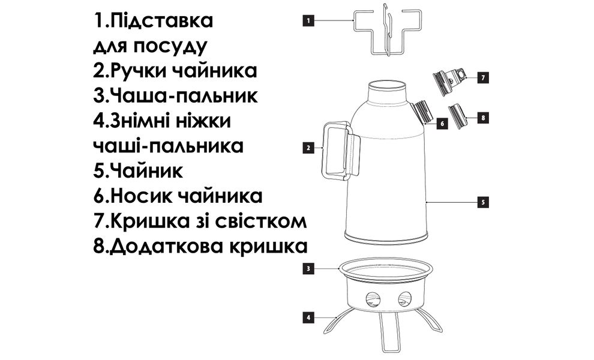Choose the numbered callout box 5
[x=484, y=202]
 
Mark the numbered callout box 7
[x=483, y=78]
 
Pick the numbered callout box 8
[x=483, y=118]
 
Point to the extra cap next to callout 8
[x=458, y=115]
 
